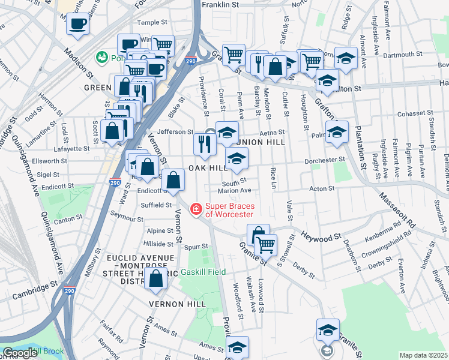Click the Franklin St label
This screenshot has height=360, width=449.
220,4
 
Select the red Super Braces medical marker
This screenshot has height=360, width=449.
195,209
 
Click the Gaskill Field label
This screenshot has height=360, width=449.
203,272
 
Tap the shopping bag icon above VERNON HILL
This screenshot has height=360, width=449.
156,279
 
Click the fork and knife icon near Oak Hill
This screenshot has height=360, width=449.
204,143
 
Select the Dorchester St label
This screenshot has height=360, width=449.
325,160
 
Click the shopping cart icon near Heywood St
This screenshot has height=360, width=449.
265,244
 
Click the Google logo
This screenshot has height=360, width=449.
20,353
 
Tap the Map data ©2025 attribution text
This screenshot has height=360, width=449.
423,355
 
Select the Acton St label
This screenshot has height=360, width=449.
322,188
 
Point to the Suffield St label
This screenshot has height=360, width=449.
156,205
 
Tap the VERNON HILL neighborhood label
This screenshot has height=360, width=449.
178,304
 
